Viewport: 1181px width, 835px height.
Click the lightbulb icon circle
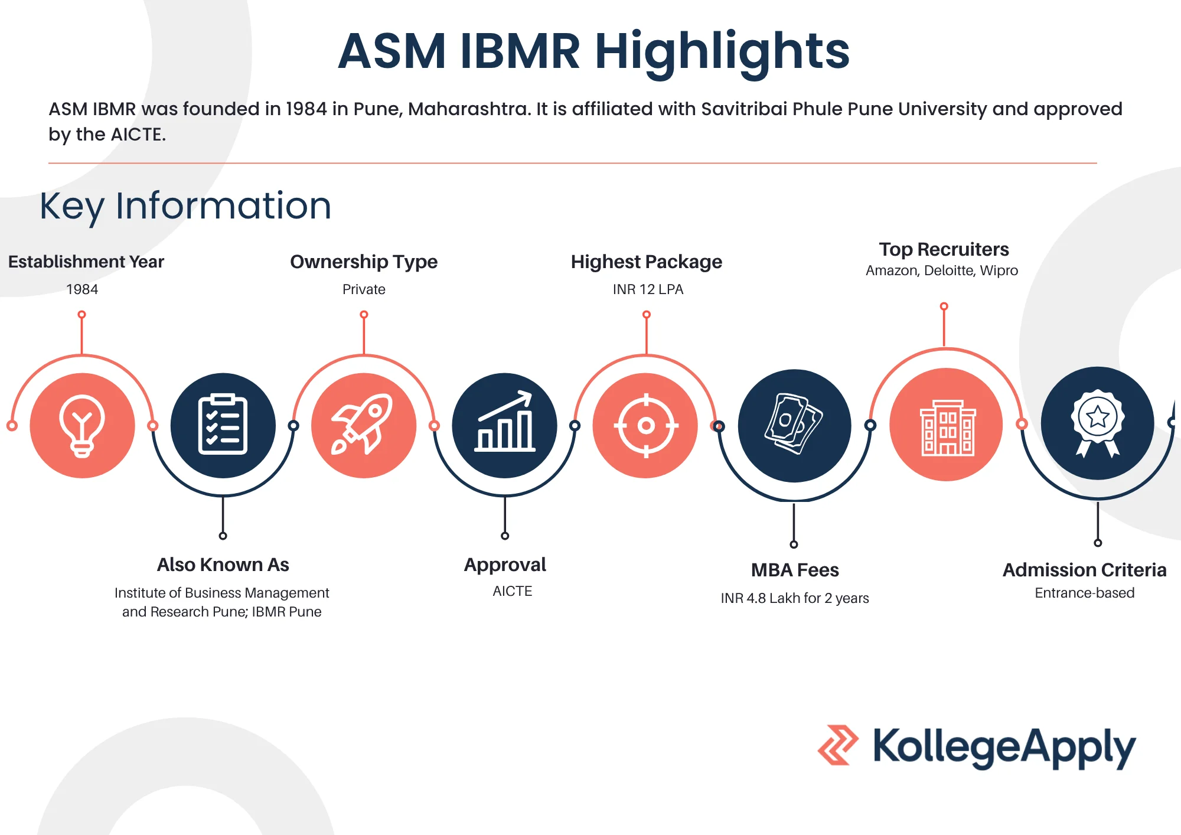click(x=83, y=425)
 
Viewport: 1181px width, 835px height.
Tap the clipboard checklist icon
click(x=223, y=425)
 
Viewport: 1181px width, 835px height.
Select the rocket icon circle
click(x=364, y=425)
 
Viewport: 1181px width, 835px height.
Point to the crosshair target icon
click(x=646, y=425)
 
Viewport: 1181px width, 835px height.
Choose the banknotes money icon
click(x=794, y=423)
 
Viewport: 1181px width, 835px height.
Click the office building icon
click(x=947, y=428)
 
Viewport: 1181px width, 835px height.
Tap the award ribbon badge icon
click(x=1098, y=422)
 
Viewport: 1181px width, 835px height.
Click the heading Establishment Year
click(x=86, y=262)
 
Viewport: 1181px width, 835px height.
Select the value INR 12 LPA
click(x=648, y=289)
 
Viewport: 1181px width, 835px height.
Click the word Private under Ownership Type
click(x=364, y=289)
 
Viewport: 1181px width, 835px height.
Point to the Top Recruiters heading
click(x=944, y=249)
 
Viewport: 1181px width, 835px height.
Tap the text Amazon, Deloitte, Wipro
click(x=942, y=270)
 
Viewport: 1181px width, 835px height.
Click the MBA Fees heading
click(x=795, y=570)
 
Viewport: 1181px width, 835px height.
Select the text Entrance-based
click(x=1085, y=593)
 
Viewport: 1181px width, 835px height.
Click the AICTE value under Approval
click(x=513, y=591)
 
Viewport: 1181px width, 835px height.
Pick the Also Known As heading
click(x=223, y=565)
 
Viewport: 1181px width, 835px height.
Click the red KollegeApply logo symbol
click(x=838, y=745)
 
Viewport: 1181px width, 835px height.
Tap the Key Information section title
click(x=185, y=206)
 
